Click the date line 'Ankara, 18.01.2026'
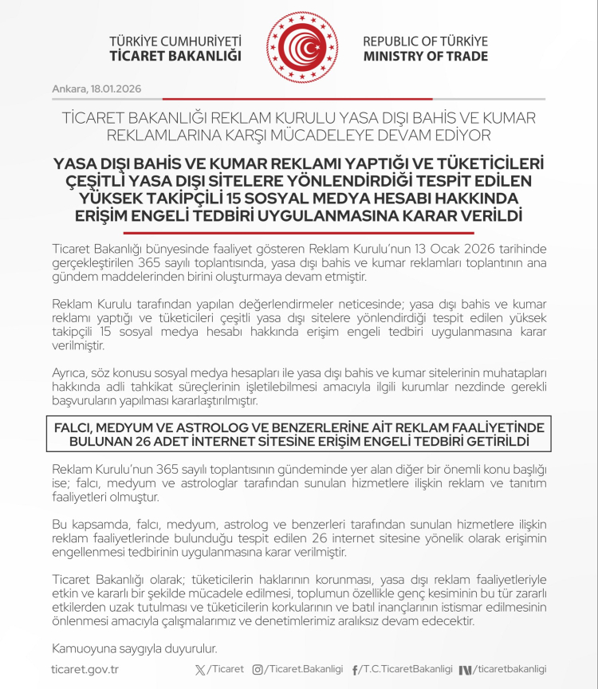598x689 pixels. [96, 88]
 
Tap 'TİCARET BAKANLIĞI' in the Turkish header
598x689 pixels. [175, 57]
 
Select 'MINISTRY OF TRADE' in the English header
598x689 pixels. [426, 57]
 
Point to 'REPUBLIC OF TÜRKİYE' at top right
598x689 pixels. [425, 41]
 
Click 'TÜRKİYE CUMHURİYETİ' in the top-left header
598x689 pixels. [175, 41]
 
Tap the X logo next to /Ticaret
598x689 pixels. [199, 669]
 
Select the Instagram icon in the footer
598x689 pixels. [258, 669]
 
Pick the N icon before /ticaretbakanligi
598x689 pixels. [466, 669]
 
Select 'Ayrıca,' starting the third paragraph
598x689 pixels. [69, 375]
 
